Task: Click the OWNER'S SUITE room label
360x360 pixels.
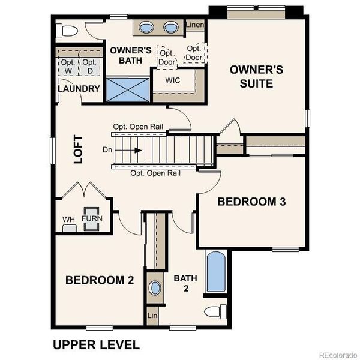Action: [x=256, y=76]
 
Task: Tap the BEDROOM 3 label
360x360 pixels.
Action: [x=251, y=202]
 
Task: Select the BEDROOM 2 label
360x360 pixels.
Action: [x=100, y=280]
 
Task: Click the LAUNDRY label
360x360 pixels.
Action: [x=79, y=89]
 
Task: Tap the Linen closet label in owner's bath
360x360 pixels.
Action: [x=194, y=25]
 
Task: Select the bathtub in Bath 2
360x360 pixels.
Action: [x=216, y=272]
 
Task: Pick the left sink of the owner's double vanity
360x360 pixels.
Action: [x=148, y=27]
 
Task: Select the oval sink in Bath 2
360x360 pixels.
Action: [x=155, y=287]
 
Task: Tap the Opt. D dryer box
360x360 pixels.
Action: [x=89, y=65]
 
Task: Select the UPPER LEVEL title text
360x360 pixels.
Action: [x=96, y=344]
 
